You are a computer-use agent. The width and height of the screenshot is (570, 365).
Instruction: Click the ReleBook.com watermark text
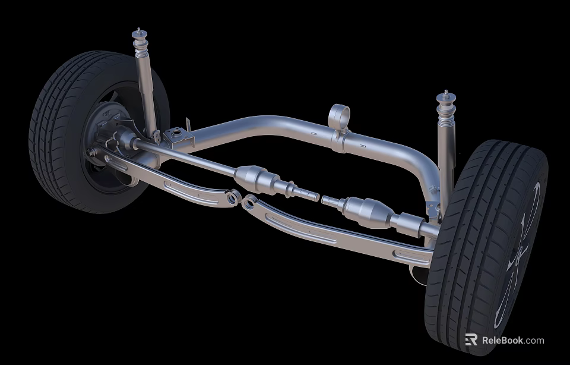[512, 341]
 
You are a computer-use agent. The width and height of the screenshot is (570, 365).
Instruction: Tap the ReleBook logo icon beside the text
[471, 340]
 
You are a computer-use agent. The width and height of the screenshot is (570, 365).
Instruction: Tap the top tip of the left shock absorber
[138, 30]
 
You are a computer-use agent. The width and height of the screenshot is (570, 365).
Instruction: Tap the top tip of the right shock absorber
[445, 93]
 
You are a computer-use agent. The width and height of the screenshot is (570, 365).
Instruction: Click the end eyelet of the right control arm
[249, 203]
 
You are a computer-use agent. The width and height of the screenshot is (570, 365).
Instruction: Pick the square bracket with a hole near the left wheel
[177, 135]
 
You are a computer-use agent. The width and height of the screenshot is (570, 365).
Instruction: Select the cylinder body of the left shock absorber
[146, 89]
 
